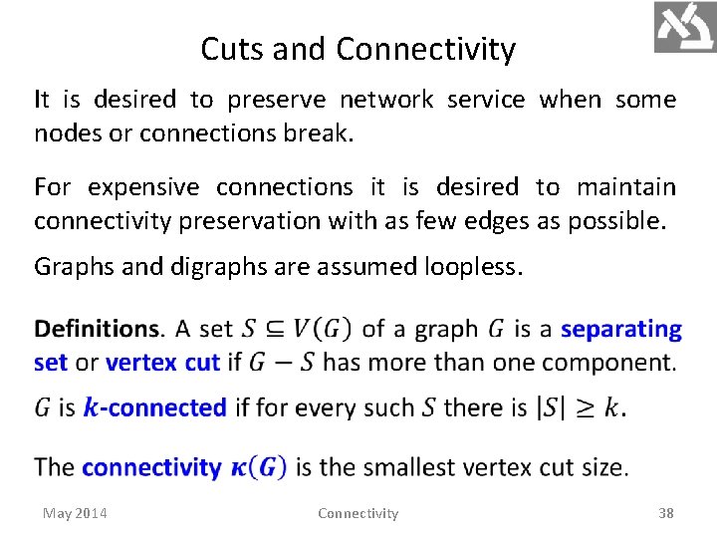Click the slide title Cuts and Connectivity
358,49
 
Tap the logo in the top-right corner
684,27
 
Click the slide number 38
666,513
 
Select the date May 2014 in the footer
76,513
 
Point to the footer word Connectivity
358,513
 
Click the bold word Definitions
97,329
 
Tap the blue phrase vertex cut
162,362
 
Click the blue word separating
621,329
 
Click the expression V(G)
323,329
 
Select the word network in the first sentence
386,100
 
